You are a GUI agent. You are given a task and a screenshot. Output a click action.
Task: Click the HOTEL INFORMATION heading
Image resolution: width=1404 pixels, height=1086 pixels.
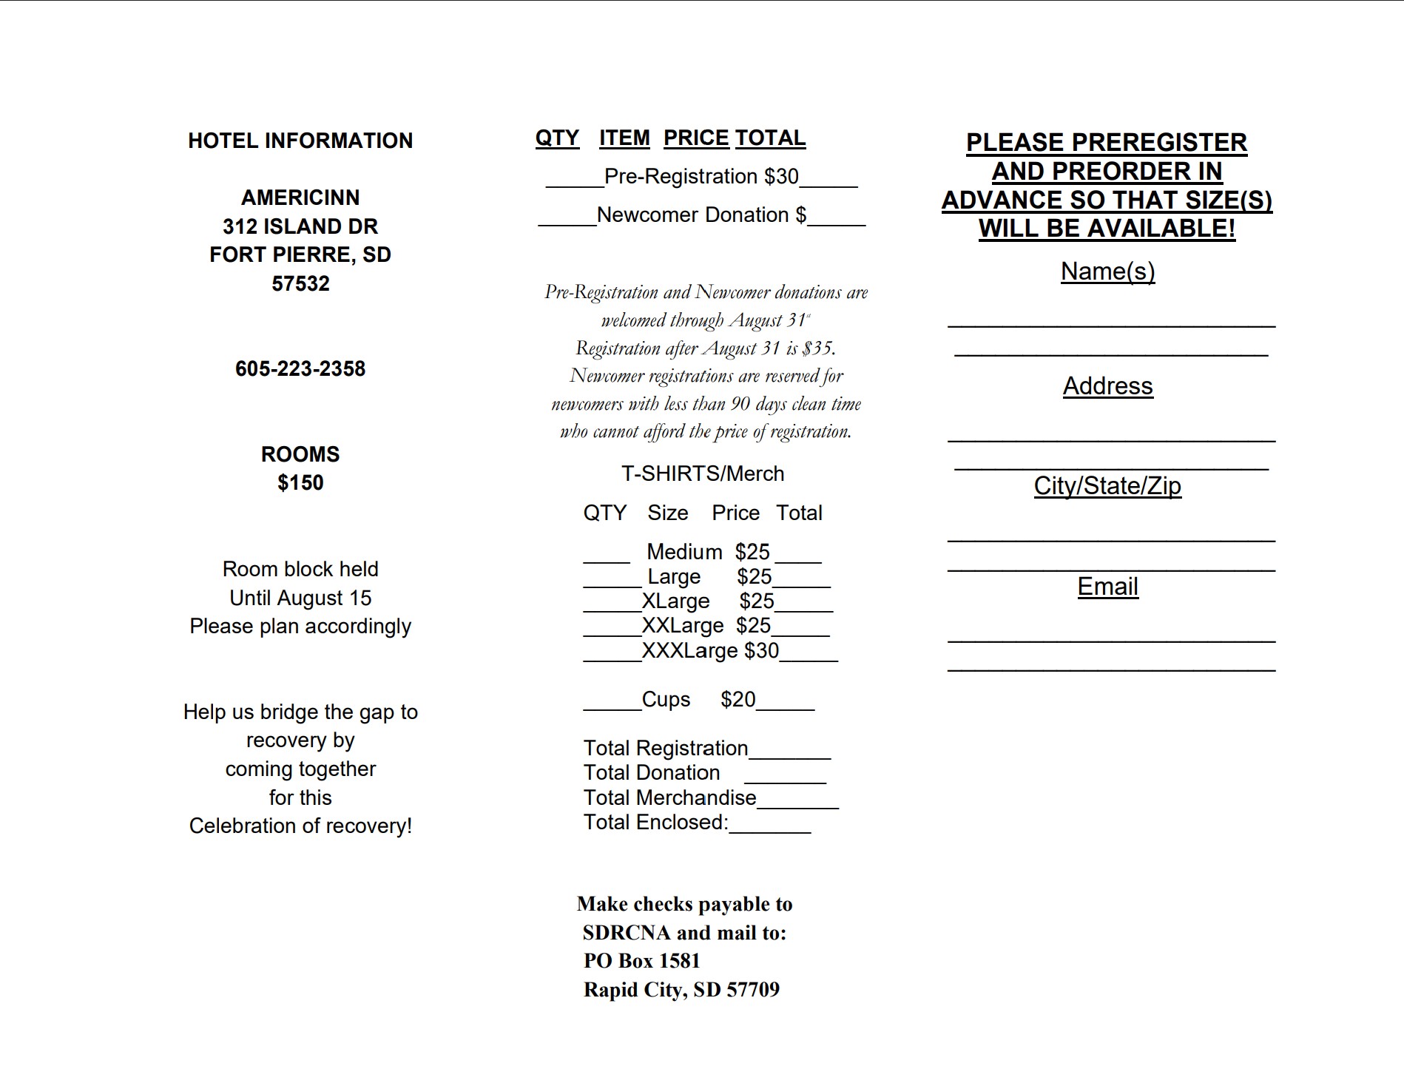[300, 141]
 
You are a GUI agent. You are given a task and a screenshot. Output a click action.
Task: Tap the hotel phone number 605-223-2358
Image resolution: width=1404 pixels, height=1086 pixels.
[300, 368]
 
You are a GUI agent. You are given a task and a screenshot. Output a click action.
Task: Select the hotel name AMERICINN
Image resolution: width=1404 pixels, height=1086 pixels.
[300, 198]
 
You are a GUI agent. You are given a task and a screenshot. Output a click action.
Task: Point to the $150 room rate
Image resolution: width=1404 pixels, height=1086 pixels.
[300, 482]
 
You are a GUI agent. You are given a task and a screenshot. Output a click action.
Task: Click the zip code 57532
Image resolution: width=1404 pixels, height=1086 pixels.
[300, 283]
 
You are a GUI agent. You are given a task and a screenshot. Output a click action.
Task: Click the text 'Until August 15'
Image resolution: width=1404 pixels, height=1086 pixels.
[300, 598]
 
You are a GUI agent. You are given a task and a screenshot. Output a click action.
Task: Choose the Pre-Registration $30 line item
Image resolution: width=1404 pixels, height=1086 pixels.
[701, 177]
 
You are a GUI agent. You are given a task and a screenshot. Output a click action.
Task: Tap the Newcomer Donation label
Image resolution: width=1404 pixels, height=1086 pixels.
[693, 215]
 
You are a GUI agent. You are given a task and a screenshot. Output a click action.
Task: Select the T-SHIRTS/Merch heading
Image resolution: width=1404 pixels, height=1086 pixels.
[703, 473]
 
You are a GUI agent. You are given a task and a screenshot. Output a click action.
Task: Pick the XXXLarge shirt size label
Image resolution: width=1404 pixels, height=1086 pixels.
[689, 651]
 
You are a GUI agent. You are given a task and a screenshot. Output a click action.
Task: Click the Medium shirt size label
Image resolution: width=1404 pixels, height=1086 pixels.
[684, 552]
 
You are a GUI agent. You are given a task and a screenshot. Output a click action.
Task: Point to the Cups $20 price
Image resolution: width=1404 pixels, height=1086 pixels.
[738, 700]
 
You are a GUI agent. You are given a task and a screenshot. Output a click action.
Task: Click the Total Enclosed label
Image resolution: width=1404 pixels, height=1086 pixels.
[655, 823]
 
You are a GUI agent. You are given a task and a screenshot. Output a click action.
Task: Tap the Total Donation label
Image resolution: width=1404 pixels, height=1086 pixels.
[652, 773]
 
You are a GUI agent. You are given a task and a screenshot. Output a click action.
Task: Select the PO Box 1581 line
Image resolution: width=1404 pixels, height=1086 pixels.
[641, 961]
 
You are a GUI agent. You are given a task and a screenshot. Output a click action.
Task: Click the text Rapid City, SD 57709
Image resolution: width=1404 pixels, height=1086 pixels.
[681, 990]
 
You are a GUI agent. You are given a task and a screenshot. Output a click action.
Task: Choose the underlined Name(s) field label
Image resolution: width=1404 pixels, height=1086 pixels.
[1107, 271]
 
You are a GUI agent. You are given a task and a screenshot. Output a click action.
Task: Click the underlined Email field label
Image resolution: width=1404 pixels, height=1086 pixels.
[1107, 587]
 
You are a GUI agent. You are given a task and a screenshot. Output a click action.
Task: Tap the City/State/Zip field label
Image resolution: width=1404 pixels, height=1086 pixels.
[1107, 486]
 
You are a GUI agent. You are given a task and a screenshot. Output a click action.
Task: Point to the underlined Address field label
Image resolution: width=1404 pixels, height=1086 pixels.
[1107, 386]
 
